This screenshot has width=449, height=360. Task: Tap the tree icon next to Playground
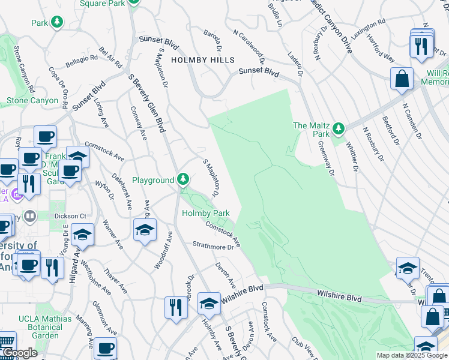(x=183, y=179)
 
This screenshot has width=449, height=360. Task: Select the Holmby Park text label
(x=206, y=213)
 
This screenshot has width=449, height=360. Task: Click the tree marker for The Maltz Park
(x=339, y=128)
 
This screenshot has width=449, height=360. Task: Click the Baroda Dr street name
(x=212, y=40)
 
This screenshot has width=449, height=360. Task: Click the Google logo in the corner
(x=19, y=353)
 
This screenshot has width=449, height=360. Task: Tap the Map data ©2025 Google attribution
(x=411, y=355)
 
